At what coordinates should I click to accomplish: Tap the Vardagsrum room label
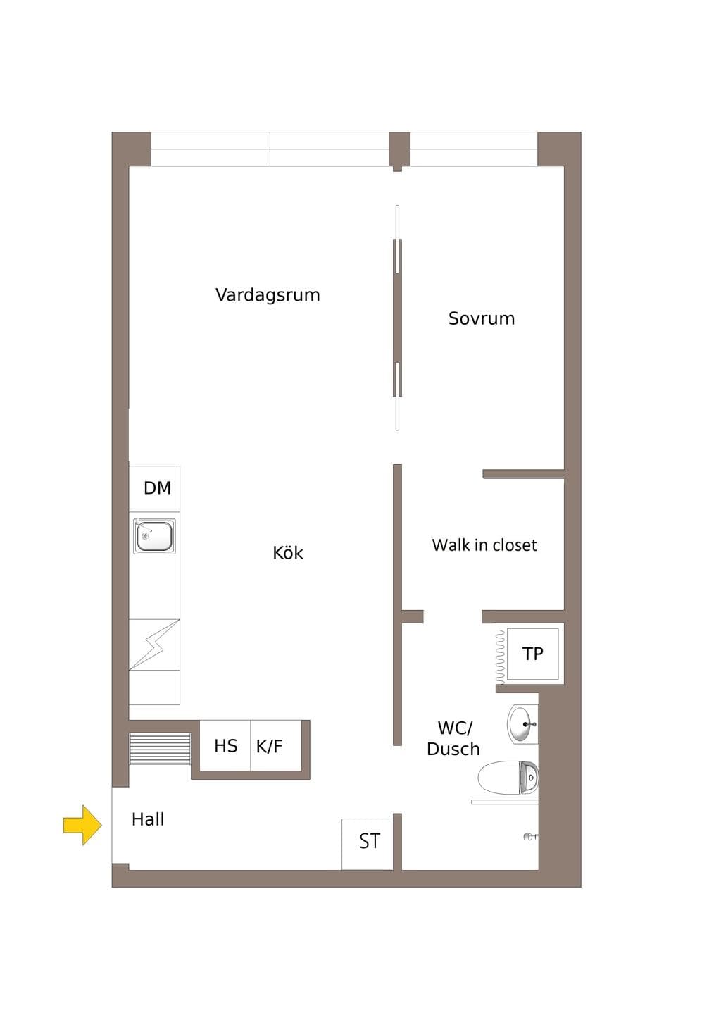[x=268, y=295]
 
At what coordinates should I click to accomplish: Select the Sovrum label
[x=482, y=318]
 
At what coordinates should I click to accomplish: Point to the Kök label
[x=288, y=552]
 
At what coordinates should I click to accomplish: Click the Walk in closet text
[x=484, y=545]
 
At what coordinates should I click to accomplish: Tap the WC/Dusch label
[x=453, y=738]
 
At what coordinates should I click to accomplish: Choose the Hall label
[x=148, y=820]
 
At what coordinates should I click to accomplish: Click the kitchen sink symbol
[x=154, y=536]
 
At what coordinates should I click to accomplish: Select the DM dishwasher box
[x=154, y=489]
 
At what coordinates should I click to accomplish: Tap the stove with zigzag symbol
[x=154, y=645]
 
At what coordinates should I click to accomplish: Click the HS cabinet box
[x=225, y=745]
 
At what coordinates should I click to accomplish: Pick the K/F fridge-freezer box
[x=276, y=745]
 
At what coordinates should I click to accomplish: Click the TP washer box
[x=532, y=654]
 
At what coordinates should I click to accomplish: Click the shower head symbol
[x=530, y=836]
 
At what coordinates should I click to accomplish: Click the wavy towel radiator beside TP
[x=500, y=657]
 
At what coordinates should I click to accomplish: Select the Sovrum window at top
[x=474, y=149]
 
